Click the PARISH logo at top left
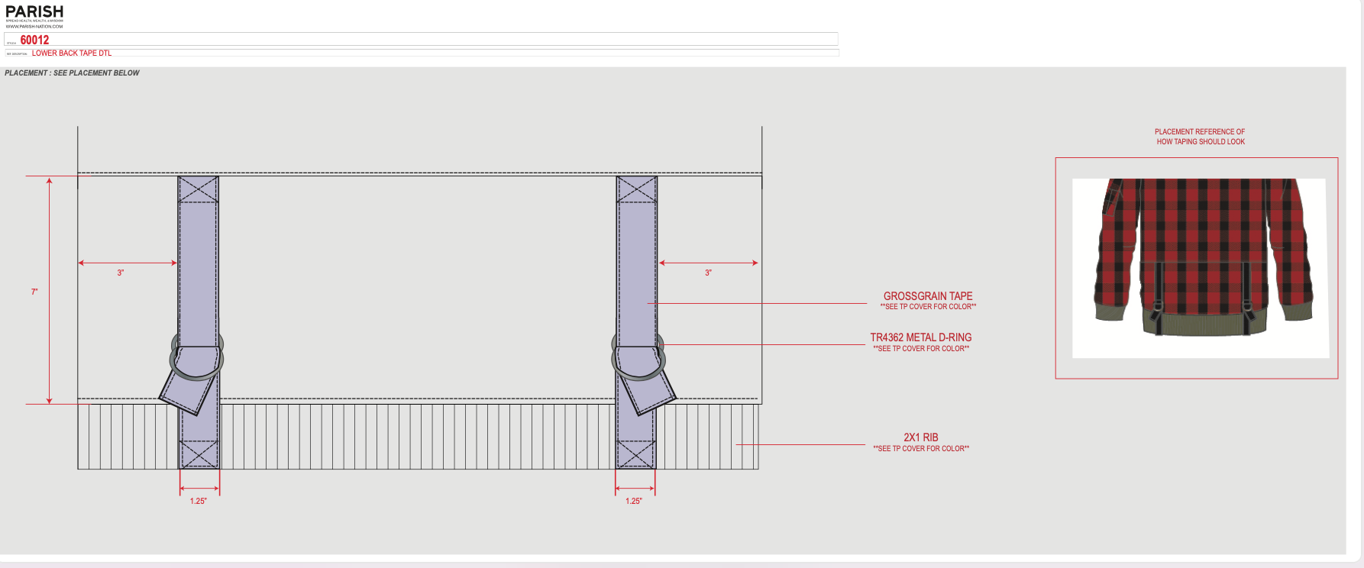pos(34,12)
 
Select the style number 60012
pos(34,40)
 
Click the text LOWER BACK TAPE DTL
pos(72,53)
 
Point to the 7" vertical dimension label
pos(34,292)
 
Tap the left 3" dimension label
pos(121,273)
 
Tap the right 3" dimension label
pos(708,273)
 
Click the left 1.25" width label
pos(199,501)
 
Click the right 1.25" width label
pos(634,501)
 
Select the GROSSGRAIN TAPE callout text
pos(928,296)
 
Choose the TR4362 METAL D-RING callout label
pos(921,337)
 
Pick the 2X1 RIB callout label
pos(921,437)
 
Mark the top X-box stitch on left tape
pos(199,189)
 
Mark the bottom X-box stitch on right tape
pos(635,455)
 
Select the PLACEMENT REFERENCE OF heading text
pos(1200,132)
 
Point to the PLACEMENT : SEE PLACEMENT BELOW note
pos(73,73)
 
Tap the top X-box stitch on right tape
pos(636,189)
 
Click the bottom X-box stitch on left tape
pos(199,455)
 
